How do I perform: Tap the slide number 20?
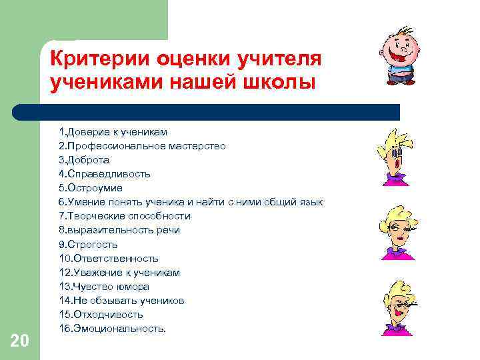[20, 341]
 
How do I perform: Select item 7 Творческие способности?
[124, 216]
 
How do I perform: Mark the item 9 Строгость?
[88, 245]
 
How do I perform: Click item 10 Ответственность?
[108, 259]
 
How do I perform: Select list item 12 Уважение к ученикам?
[119, 273]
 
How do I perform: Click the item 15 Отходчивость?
[101, 315]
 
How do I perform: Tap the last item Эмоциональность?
[112, 329]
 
